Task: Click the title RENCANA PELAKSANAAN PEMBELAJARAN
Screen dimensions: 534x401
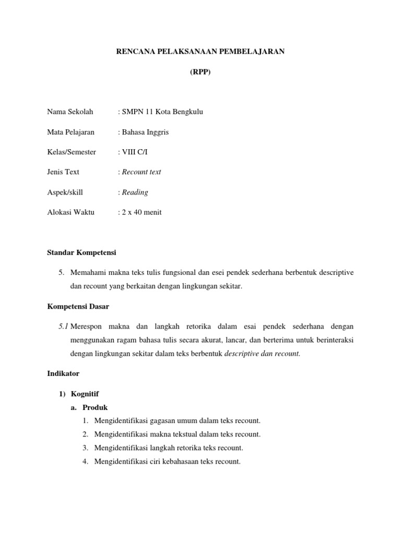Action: click(x=200, y=52)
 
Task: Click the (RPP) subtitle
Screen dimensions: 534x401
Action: click(x=200, y=72)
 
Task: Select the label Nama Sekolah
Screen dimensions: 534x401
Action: click(x=70, y=112)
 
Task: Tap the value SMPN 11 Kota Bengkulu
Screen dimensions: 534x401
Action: click(x=162, y=112)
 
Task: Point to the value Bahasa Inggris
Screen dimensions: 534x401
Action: click(x=145, y=132)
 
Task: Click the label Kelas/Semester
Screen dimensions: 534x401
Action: click(x=72, y=152)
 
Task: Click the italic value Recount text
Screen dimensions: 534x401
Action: click(x=141, y=172)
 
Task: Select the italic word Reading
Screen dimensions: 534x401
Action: click(x=135, y=192)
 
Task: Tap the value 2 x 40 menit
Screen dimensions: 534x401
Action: click(x=141, y=213)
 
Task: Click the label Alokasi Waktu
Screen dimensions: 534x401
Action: click(x=70, y=213)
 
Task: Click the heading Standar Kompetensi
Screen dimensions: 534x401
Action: click(x=81, y=253)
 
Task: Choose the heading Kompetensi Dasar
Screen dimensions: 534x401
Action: click(x=78, y=306)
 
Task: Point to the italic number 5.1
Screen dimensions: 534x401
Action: click(x=64, y=326)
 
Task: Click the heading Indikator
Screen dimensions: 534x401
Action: click(x=63, y=374)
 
